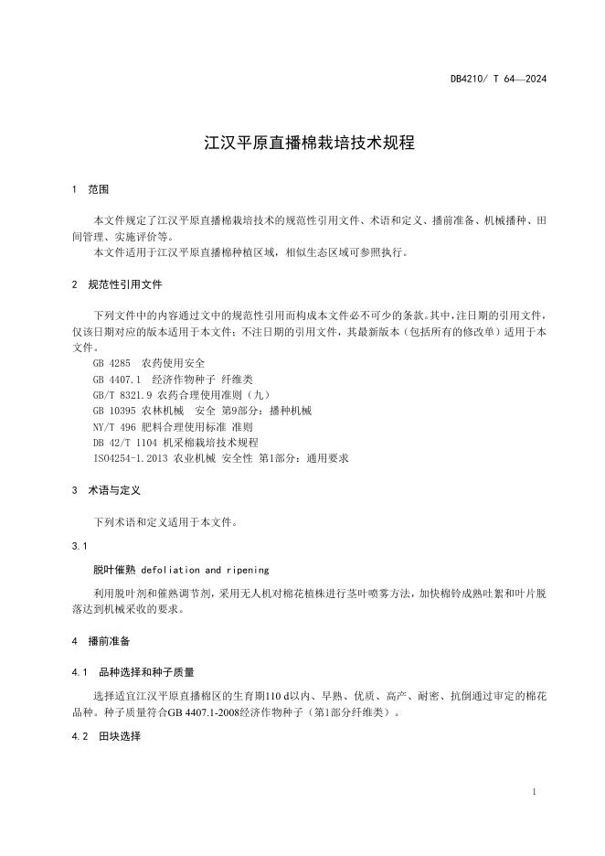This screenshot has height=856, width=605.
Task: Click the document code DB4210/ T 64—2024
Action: pos(498,79)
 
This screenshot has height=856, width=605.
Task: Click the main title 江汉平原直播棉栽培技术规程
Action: pos(302,144)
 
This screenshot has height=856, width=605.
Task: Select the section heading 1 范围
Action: pos(90,190)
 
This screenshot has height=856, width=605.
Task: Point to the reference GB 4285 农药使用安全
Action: pos(149,363)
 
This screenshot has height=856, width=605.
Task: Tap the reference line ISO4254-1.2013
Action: pos(221,458)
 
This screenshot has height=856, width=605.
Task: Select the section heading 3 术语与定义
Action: pos(106,491)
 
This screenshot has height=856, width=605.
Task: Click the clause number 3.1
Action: pos(79,546)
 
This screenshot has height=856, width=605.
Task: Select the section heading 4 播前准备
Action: pos(100,641)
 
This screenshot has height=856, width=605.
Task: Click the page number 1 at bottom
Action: pos(533,792)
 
